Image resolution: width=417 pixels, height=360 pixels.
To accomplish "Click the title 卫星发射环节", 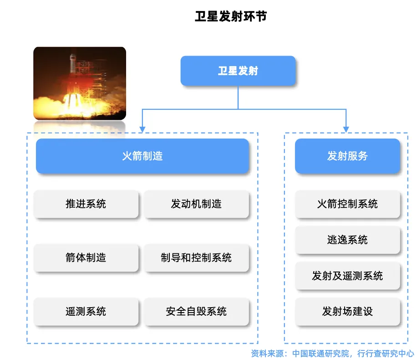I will pyautogui.click(x=230, y=17).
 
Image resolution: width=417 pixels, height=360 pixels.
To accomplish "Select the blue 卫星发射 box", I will pyautogui.click(x=238, y=71).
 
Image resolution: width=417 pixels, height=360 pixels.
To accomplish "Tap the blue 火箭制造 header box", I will pyautogui.click(x=142, y=156).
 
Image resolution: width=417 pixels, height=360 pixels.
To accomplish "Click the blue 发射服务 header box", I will pyautogui.click(x=347, y=156).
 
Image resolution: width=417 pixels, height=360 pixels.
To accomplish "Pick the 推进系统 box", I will pyautogui.click(x=86, y=204).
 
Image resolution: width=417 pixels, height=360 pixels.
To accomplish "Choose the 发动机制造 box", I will pyautogui.click(x=196, y=204).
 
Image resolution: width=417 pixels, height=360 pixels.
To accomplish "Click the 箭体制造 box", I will pyautogui.click(x=86, y=257).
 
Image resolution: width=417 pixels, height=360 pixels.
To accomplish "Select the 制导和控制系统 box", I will pyautogui.click(x=196, y=257).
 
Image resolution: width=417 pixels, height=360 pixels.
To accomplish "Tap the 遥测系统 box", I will pyautogui.click(x=86, y=311).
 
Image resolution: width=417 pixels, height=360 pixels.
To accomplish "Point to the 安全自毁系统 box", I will pyautogui.click(x=196, y=311).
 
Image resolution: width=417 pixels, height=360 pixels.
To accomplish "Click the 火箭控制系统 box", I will pyautogui.click(x=347, y=204).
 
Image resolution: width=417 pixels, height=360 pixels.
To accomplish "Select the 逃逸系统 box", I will pyautogui.click(x=347, y=240).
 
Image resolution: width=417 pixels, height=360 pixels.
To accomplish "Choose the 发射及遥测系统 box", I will pyautogui.click(x=347, y=276).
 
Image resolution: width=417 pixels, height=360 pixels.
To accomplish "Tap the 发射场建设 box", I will pyautogui.click(x=347, y=311).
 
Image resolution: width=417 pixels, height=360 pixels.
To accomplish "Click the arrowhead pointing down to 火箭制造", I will pyautogui.click(x=142, y=129).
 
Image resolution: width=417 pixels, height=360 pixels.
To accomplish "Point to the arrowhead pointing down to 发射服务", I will pyautogui.click(x=346, y=129).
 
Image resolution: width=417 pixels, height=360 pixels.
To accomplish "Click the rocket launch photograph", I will pyautogui.click(x=80, y=83).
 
